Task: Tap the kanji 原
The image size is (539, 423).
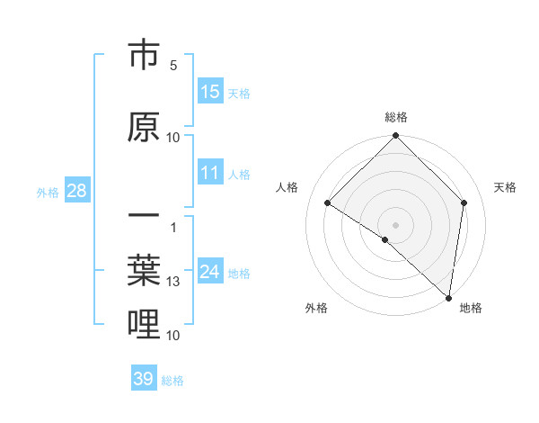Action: pos(145,127)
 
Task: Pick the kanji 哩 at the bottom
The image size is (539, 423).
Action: pos(145,324)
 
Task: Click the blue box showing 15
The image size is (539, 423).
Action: pos(210,92)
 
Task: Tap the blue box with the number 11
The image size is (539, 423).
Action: pos(210,174)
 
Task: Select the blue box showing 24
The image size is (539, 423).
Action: pos(210,272)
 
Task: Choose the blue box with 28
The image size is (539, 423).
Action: pos(75,191)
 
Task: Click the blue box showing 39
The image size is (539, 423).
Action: pos(144,379)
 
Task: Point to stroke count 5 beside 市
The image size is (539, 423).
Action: pos(173,66)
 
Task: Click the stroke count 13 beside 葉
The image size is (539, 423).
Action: pos(173,282)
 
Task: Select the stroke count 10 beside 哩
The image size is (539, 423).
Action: pos(173,336)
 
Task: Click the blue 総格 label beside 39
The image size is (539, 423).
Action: pos(172,381)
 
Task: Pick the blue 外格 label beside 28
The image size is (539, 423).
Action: pos(48,192)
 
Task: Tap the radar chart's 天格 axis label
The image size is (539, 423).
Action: pos(505,187)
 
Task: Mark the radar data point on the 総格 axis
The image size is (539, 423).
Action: pos(395,137)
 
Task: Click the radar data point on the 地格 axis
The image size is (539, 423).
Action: pos(448,298)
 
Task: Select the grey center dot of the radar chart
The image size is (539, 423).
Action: pos(395,224)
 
